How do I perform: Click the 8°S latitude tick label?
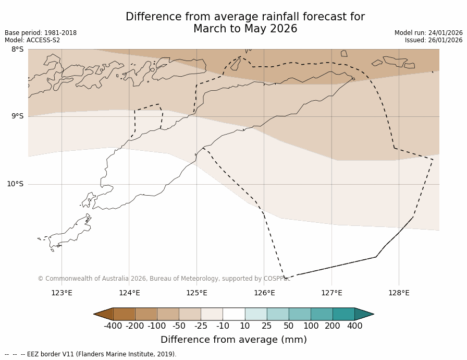point(17,50)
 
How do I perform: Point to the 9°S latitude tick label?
point(17,116)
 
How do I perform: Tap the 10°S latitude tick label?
point(15,184)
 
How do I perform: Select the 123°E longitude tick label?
point(62,293)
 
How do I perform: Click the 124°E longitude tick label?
point(129,293)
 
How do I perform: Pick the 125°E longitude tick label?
point(196,293)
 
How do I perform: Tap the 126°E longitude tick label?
point(264,293)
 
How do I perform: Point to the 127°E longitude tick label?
point(331,293)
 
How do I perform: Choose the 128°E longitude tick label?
point(399,293)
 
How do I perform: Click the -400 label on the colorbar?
point(113,326)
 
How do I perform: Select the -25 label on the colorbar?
point(201,326)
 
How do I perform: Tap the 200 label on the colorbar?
point(333,326)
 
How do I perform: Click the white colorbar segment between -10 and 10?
point(233,314)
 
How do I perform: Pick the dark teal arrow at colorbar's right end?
point(364,314)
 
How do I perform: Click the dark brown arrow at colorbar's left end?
point(104,314)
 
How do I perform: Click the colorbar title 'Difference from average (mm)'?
point(233,340)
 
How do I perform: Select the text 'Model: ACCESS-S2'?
point(32,40)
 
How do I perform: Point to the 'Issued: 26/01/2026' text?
point(434,40)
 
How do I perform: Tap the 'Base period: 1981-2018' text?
point(41,33)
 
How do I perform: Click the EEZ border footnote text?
point(91,354)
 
